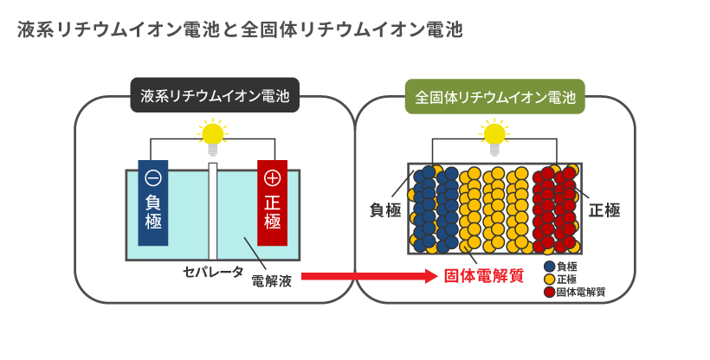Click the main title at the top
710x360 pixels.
(240, 30)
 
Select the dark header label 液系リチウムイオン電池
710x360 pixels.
(215, 95)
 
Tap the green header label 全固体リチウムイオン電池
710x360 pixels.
(495, 95)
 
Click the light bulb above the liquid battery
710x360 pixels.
(212, 135)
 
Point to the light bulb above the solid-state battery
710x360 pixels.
(494, 135)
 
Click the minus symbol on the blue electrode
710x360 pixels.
(153, 178)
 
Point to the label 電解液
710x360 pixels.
(271, 280)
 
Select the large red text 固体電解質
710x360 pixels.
(484, 277)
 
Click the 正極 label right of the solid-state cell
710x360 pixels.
(604, 209)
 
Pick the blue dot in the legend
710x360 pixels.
(549, 267)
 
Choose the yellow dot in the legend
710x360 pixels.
(549, 280)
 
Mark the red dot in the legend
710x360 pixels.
(549, 292)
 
